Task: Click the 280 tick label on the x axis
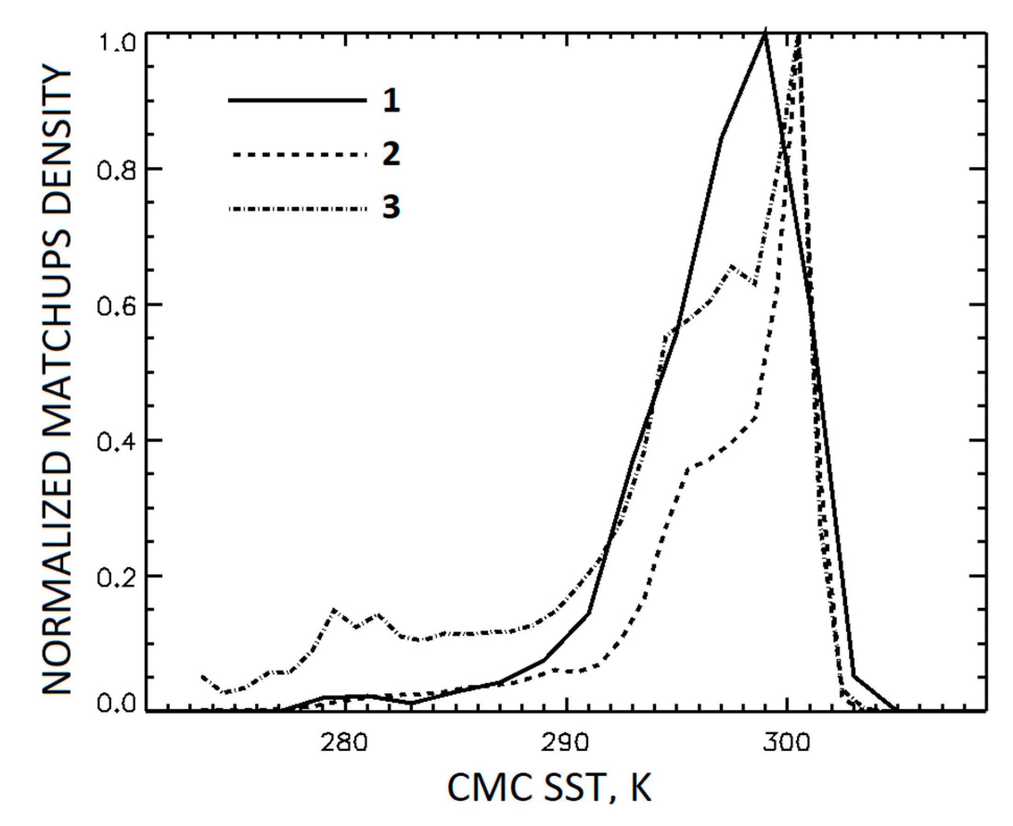tap(344, 743)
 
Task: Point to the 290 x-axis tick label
tap(565, 743)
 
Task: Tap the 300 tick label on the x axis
tap(786, 743)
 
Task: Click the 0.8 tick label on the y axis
tap(114, 169)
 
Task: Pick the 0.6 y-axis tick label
tap(114, 305)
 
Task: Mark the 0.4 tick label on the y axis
tap(114, 440)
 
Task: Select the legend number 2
tap(391, 154)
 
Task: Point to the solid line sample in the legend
tap(297, 100)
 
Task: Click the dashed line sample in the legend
tap(297, 154)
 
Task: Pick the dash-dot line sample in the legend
tap(297, 208)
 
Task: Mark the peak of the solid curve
tap(765, 32)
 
